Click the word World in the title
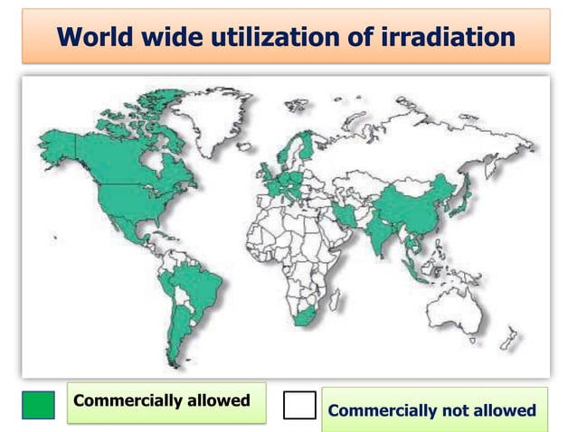tap(93, 37)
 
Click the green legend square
tap(38, 405)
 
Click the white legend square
tap(299, 405)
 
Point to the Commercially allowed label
tap(162, 400)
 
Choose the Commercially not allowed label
tap(432, 410)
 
